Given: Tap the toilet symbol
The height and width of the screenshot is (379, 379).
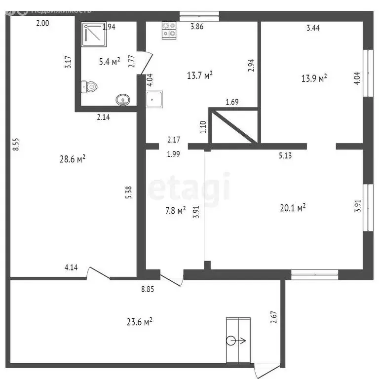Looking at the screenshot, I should pyautogui.click(x=90, y=87).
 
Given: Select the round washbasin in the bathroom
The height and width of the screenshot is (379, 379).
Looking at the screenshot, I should pyautogui.click(x=122, y=100).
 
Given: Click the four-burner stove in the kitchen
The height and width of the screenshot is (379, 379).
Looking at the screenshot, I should pyautogui.click(x=169, y=31).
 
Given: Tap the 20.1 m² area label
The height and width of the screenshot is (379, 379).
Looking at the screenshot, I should pyautogui.click(x=293, y=208).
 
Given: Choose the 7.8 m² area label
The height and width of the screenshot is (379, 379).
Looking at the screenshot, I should pyautogui.click(x=174, y=211).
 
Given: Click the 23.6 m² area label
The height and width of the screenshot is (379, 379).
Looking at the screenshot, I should pyautogui.click(x=139, y=321).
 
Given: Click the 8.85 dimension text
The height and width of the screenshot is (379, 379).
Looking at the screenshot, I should pyautogui.click(x=148, y=290).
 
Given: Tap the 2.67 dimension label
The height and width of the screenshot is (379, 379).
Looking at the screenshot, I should pyautogui.click(x=273, y=317).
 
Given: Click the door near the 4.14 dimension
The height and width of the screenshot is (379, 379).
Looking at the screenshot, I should pyautogui.click(x=99, y=273).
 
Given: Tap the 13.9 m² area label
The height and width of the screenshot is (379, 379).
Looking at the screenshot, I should pyautogui.click(x=314, y=78).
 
